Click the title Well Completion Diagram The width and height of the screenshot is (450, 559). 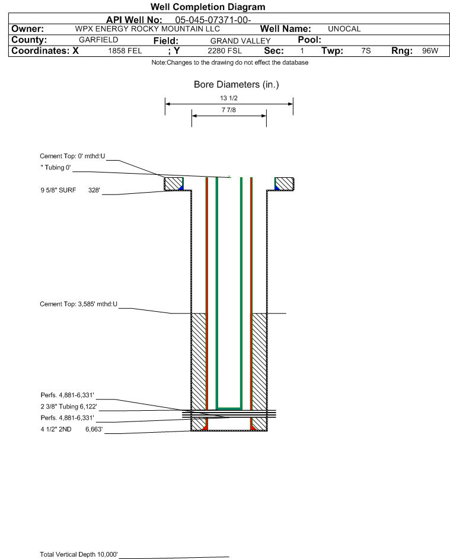208,7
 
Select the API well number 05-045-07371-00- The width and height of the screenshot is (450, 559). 213,20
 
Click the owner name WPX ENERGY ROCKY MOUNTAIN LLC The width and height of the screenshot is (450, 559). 147,29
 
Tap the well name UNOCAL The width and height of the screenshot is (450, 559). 344,29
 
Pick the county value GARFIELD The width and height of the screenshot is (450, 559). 98,40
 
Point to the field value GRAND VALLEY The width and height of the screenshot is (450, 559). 240,41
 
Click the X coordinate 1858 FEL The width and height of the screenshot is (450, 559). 125,50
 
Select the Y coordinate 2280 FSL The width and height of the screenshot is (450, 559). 225,50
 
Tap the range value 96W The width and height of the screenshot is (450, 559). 430,50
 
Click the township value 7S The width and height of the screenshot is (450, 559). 366,50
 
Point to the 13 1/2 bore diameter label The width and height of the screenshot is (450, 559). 229,98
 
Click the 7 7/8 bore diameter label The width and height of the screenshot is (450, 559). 229,110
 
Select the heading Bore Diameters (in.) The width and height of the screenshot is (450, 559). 237,85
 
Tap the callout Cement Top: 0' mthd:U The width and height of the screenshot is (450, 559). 72,156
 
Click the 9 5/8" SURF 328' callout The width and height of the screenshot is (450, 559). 70,190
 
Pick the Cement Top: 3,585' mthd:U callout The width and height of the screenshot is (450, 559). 78,304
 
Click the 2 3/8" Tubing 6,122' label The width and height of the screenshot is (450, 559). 69,407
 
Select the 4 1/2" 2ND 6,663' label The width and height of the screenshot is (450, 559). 72,429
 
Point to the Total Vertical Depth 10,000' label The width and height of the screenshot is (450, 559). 79,554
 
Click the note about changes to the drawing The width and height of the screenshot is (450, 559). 230,62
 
